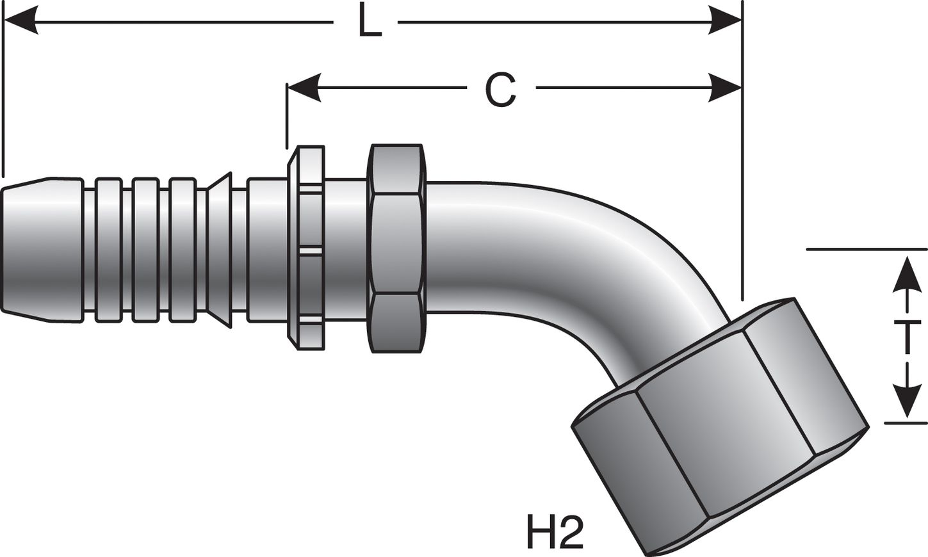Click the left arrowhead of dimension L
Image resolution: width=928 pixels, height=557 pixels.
[x=19, y=26]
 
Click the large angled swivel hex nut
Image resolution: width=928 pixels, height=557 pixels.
[x=717, y=423]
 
